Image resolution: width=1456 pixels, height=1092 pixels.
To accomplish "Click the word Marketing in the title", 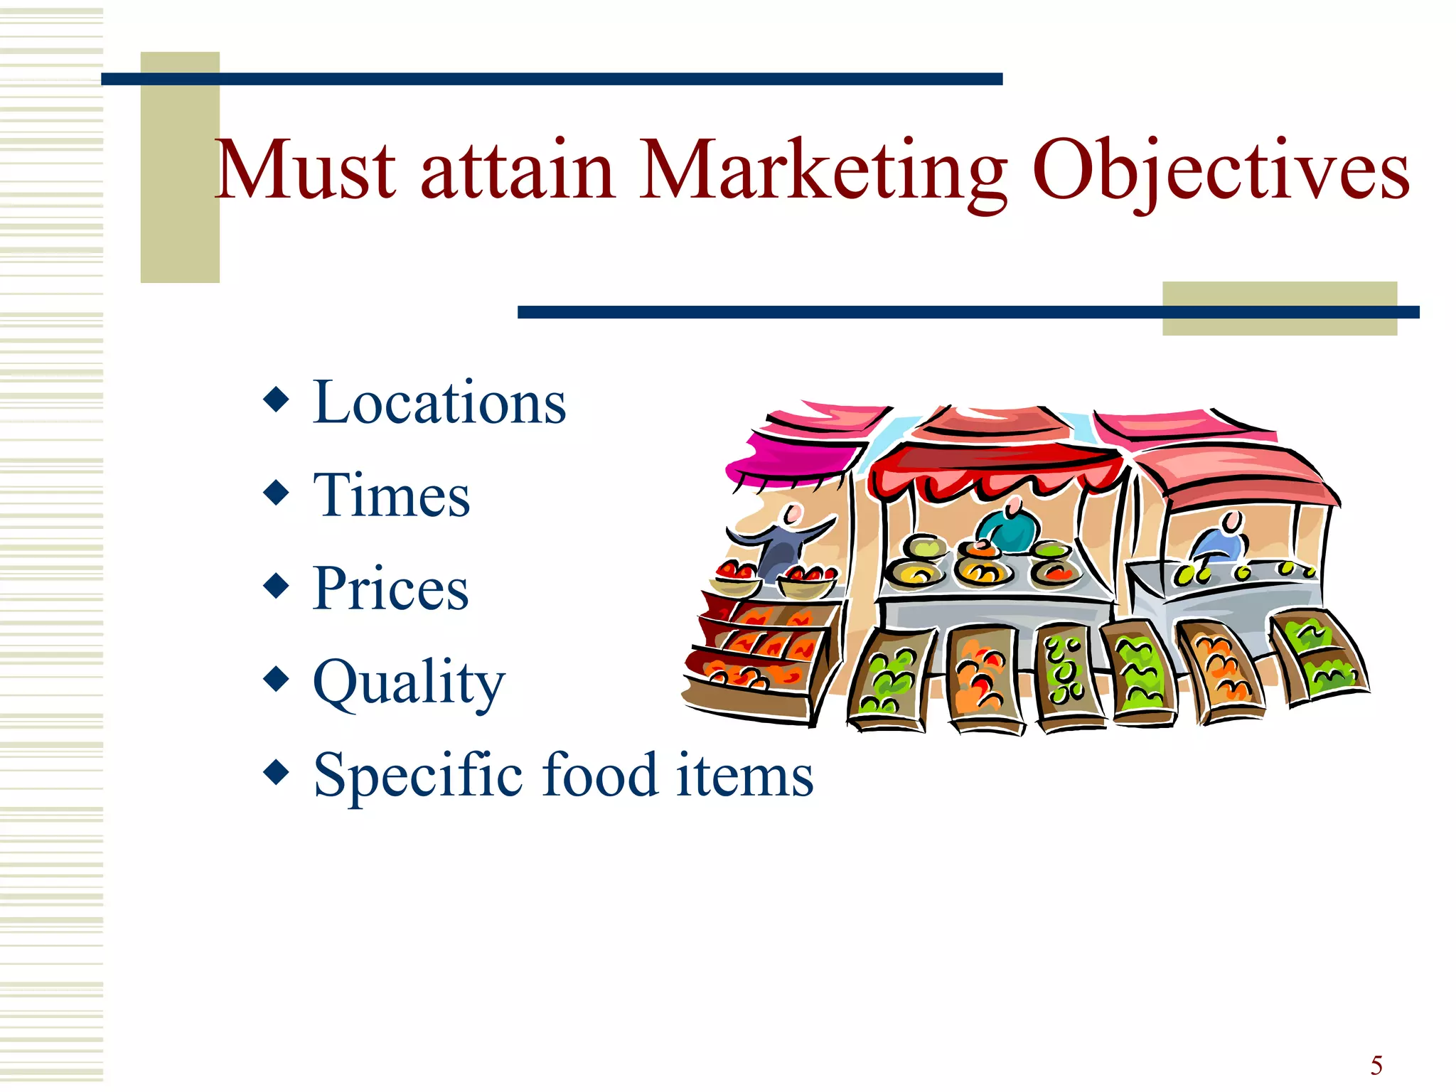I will (823, 173).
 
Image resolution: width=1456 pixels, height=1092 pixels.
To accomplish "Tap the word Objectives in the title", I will (1220, 173).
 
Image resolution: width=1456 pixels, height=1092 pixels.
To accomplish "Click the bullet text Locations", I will (439, 403).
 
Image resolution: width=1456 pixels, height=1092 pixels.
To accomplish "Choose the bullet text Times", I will (391, 496).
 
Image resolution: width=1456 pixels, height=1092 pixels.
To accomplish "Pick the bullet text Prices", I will (391, 589).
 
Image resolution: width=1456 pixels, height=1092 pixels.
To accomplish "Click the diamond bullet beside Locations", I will (276, 400).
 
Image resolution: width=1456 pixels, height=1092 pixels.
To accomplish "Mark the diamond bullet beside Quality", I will (276, 679).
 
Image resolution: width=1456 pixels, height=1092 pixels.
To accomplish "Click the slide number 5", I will (1376, 1066).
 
